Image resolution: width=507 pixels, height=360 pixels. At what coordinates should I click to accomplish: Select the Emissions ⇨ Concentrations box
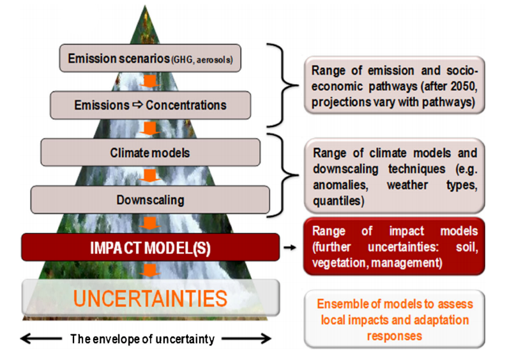point(150,105)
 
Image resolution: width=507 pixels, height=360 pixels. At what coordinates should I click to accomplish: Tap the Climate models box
point(150,153)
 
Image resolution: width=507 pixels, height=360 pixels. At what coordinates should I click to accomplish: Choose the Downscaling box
point(150,200)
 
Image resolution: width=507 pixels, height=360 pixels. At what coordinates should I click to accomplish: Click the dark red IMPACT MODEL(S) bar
point(150,246)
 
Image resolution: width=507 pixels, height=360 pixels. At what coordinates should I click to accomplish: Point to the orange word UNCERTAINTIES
point(150,298)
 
